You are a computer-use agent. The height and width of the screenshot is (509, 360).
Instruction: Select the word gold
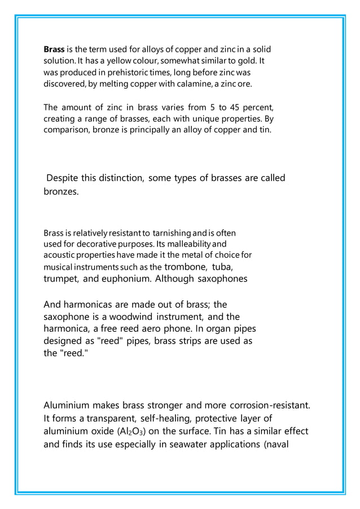pyautogui.click(x=248, y=61)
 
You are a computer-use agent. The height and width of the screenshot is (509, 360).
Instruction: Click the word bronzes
pyautogui.click(x=62, y=193)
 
